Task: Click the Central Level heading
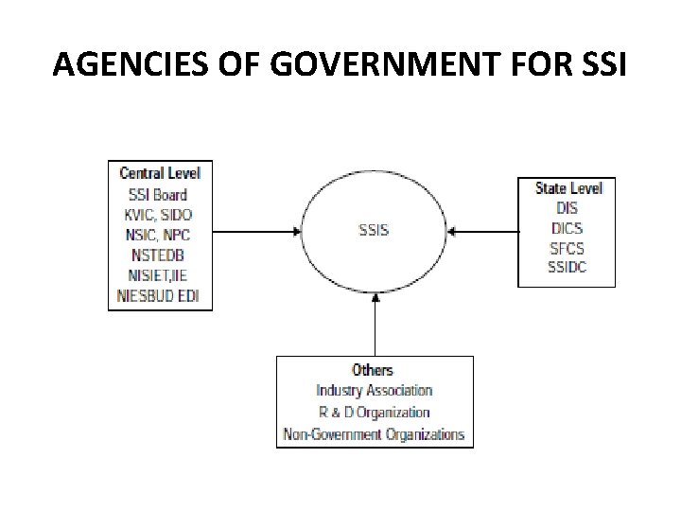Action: (x=160, y=173)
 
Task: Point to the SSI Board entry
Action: (x=158, y=195)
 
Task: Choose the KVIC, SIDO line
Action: (x=159, y=215)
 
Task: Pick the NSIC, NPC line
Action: (x=159, y=236)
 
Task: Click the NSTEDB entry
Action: (x=159, y=255)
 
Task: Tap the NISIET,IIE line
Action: (x=159, y=276)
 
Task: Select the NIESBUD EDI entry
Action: (x=160, y=296)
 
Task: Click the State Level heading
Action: (x=568, y=187)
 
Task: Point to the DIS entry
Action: (x=567, y=207)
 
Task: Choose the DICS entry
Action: (x=567, y=228)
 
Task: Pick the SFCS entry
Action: (x=567, y=248)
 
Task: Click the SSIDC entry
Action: (x=567, y=269)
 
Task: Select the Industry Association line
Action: (x=374, y=390)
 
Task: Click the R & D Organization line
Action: (x=374, y=413)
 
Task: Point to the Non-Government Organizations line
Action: (x=374, y=434)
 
